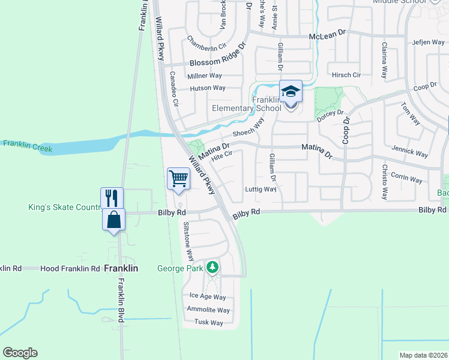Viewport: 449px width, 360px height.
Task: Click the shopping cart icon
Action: click(x=179, y=178)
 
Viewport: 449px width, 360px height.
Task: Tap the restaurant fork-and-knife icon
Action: click(x=112, y=197)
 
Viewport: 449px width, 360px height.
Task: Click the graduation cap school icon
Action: click(x=291, y=92)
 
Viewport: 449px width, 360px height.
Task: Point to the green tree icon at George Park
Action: click(x=212, y=267)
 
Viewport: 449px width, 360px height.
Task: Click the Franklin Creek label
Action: click(x=28, y=145)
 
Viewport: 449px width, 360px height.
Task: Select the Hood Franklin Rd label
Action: click(x=70, y=269)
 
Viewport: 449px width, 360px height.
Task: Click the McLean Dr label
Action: click(x=328, y=37)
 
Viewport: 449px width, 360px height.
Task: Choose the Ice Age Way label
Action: click(x=208, y=296)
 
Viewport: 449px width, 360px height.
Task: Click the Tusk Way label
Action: click(x=208, y=323)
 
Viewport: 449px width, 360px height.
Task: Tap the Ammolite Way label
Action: click(x=208, y=310)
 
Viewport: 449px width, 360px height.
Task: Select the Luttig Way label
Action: click(x=261, y=189)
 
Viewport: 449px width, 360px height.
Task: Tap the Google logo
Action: click(x=20, y=353)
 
